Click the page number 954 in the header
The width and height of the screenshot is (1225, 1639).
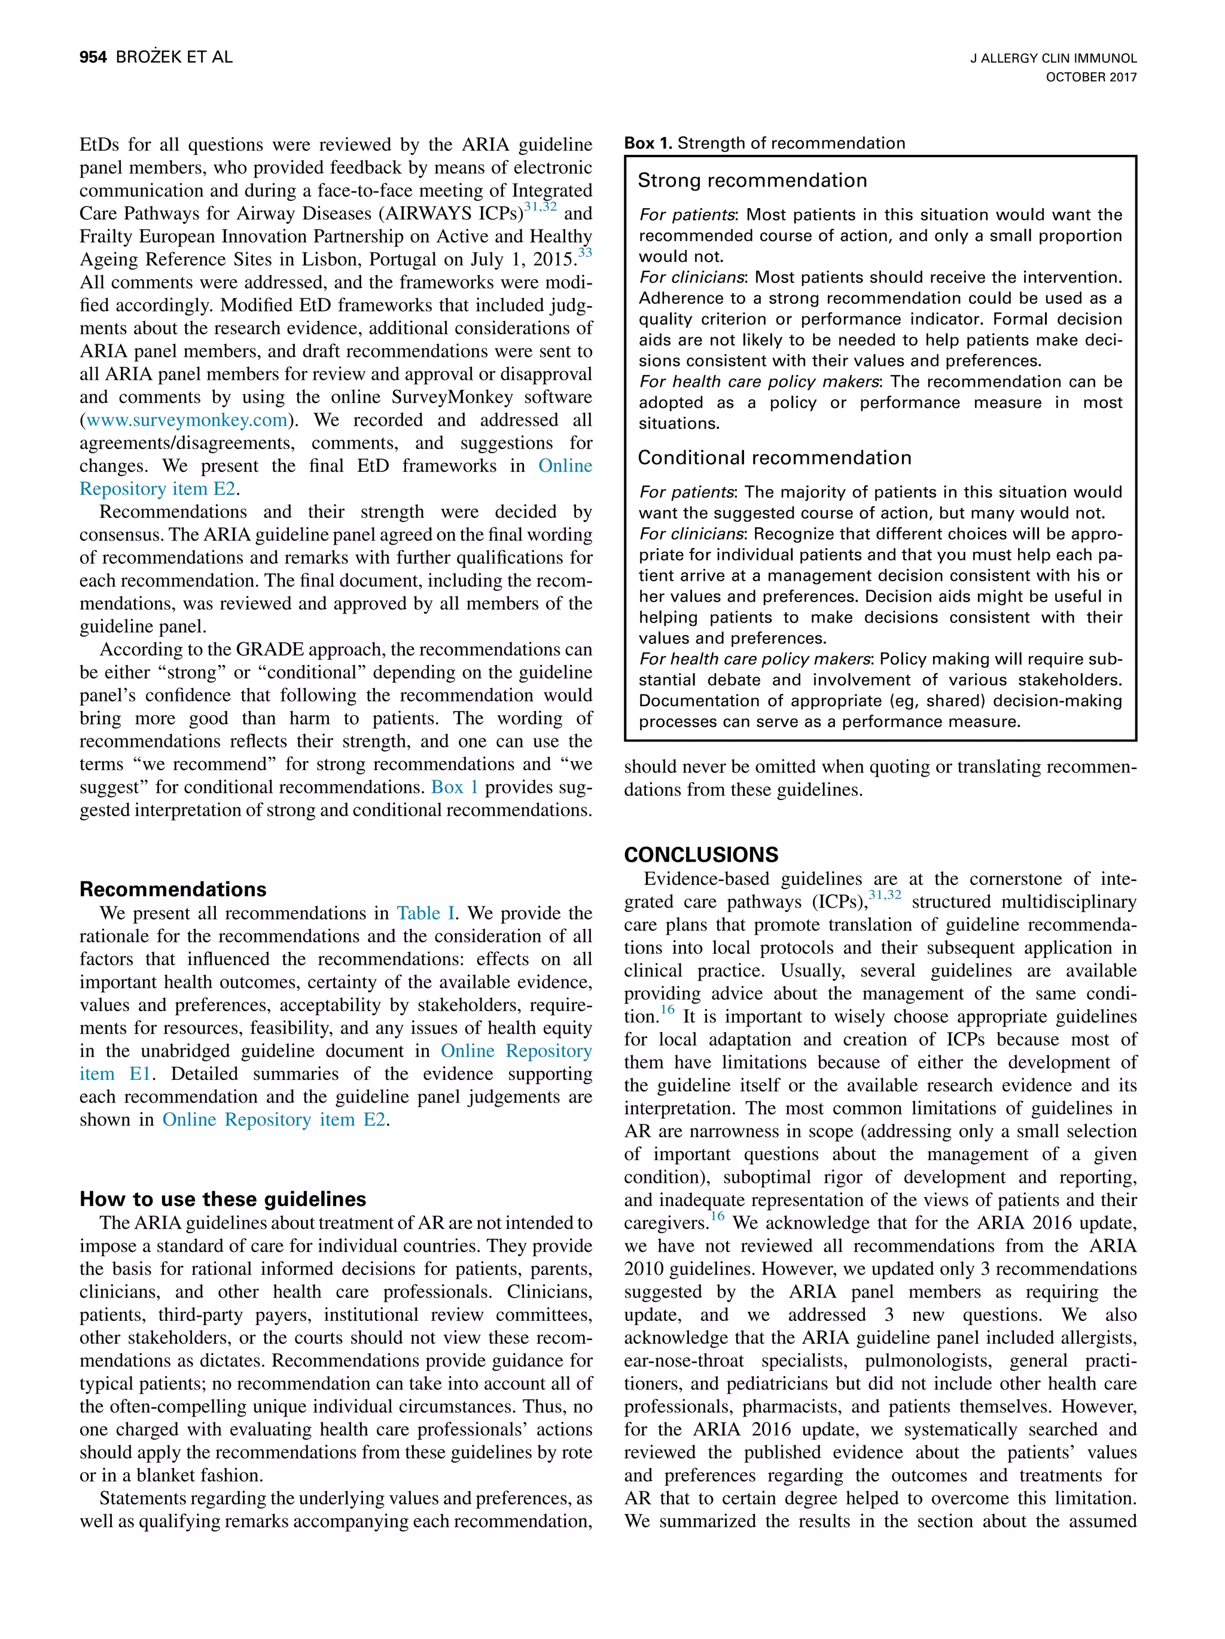tap(93, 57)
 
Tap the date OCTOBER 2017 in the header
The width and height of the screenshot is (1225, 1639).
tap(1090, 77)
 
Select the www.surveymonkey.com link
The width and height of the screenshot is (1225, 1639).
tap(187, 420)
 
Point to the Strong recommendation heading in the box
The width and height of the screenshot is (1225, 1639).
tap(751, 180)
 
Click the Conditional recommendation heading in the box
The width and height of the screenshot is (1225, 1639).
tap(773, 457)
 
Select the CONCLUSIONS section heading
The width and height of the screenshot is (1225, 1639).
tap(700, 854)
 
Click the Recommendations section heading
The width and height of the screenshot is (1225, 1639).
tap(173, 889)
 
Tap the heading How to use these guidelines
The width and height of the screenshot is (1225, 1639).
tap(223, 1199)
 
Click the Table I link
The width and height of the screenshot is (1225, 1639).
tap(425, 913)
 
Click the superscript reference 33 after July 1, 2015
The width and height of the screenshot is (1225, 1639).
tap(585, 253)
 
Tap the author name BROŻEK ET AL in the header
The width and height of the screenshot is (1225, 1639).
tap(174, 57)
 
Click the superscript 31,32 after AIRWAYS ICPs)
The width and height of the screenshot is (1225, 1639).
tap(540, 207)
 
